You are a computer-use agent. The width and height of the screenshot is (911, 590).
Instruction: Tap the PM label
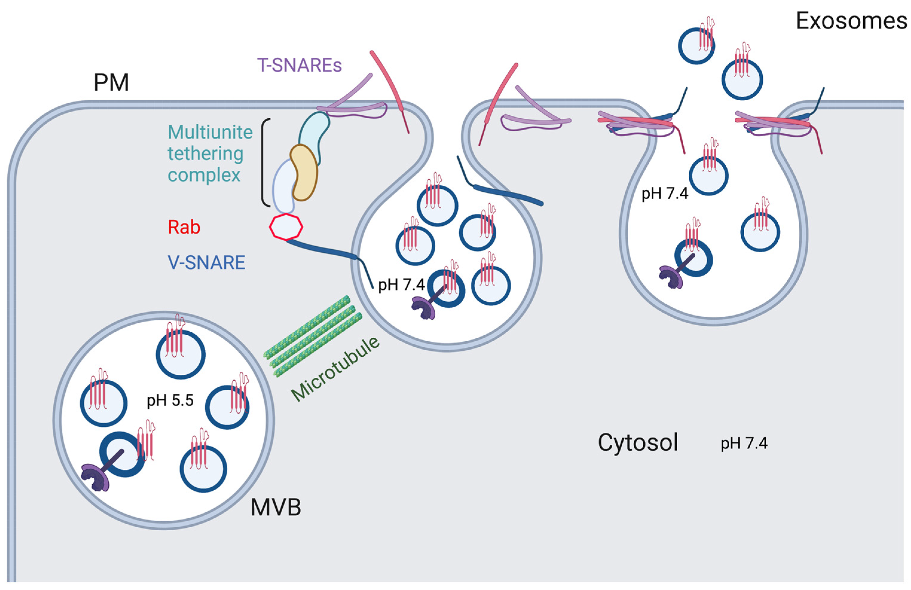pyautogui.click(x=111, y=83)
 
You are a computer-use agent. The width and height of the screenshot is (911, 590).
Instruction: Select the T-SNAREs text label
pyautogui.click(x=299, y=65)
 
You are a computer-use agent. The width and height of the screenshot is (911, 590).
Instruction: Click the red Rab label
pyautogui.click(x=184, y=228)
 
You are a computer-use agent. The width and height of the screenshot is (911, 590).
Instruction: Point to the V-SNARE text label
pyautogui.click(x=206, y=262)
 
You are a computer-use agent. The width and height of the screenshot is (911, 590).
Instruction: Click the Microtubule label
pyautogui.click(x=335, y=369)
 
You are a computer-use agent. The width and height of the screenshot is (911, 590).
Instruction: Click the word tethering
pyautogui.click(x=206, y=154)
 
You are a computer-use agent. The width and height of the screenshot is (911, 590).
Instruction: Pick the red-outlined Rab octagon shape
pyautogui.click(x=286, y=227)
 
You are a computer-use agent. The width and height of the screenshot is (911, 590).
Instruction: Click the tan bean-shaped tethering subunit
pyautogui.click(x=304, y=173)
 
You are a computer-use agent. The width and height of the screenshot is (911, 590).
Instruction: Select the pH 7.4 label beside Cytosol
pyautogui.click(x=744, y=443)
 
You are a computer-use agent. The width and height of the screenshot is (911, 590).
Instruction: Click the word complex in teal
pyautogui.click(x=204, y=175)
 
